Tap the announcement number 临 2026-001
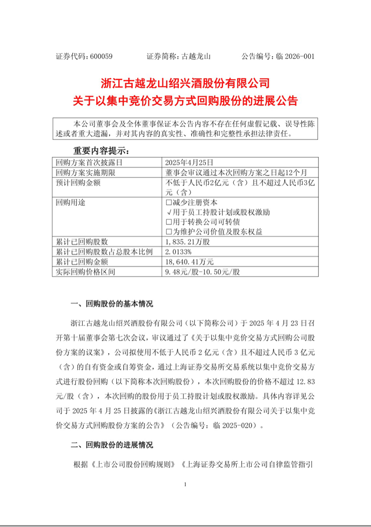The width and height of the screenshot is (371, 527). (x=295, y=56)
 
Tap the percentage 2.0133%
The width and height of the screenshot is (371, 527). (x=178, y=252)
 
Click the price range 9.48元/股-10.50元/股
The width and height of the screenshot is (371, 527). (x=202, y=272)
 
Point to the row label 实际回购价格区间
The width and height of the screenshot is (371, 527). (x=86, y=272)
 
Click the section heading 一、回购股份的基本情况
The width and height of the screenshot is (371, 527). (x=112, y=304)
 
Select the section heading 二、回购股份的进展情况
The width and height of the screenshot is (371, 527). (x=112, y=444)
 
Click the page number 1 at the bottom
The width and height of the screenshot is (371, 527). (x=185, y=484)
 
